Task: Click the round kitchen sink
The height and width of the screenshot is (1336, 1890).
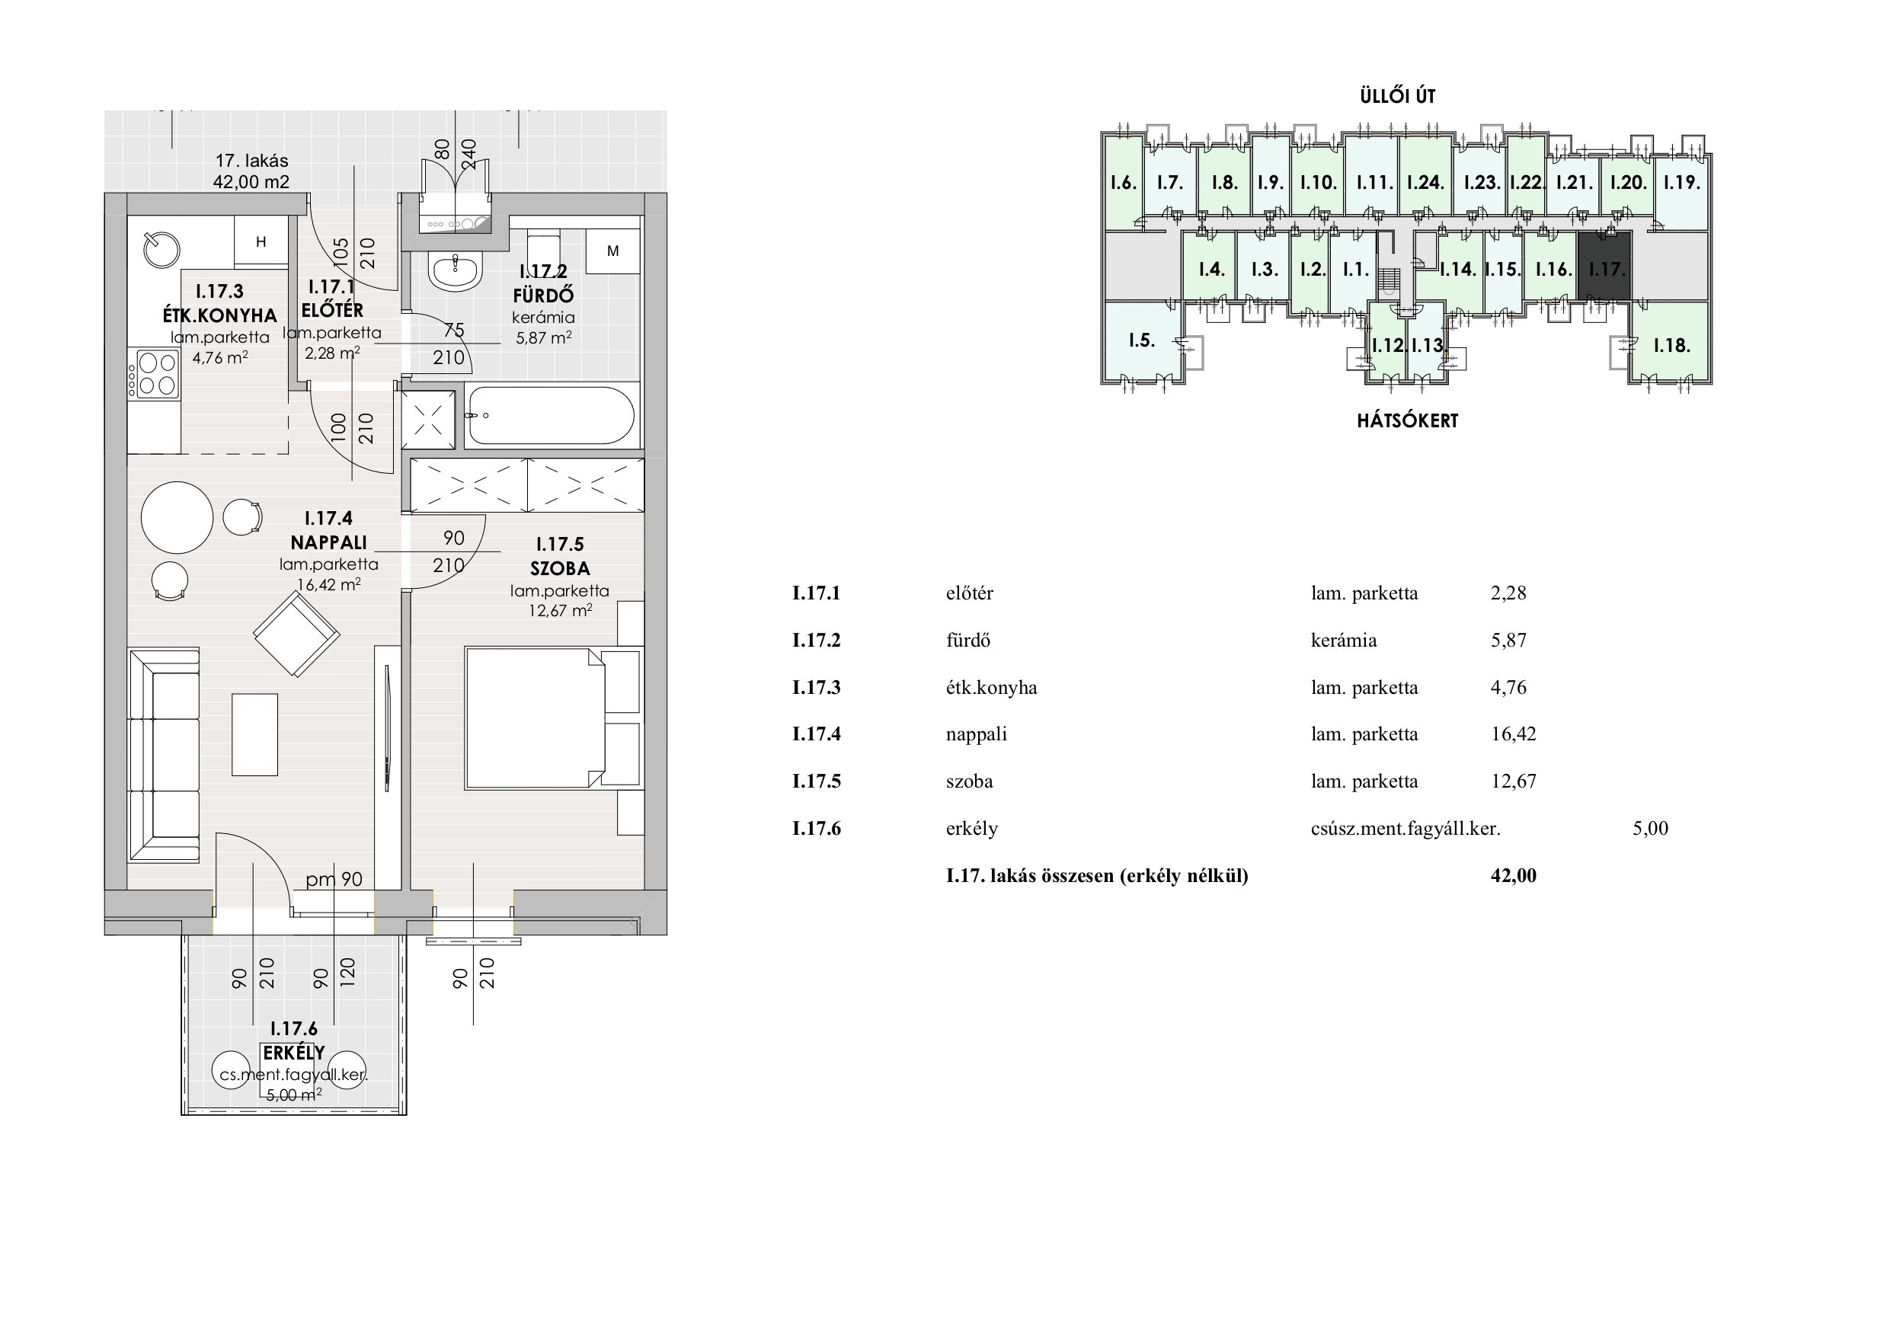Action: pyautogui.click(x=161, y=249)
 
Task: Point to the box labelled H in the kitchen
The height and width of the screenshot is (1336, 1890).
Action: pyautogui.click(x=261, y=241)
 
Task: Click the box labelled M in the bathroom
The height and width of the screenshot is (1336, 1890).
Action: pyautogui.click(x=612, y=251)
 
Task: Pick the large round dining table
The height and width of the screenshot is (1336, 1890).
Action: pyautogui.click(x=177, y=517)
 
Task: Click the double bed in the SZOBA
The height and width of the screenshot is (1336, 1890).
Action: pyautogui.click(x=535, y=718)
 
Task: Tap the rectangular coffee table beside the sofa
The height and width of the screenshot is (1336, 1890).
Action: pyautogui.click(x=254, y=734)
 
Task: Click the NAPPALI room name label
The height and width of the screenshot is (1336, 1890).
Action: pyautogui.click(x=328, y=542)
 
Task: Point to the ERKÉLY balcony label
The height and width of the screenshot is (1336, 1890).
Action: pyautogui.click(x=294, y=1053)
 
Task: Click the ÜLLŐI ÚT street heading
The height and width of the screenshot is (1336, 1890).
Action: pyautogui.click(x=1398, y=95)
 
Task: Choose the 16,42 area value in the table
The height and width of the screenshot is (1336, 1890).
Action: pyautogui.click(x=1513, y=734)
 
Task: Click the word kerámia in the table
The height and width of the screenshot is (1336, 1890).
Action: pyautogui.click(x=1343, y=640)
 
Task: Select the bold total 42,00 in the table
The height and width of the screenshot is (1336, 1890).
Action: pyautogui.click(x=1513, y=875)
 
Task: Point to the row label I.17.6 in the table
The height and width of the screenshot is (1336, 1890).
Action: pyautogui.click(x=817, y=828)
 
